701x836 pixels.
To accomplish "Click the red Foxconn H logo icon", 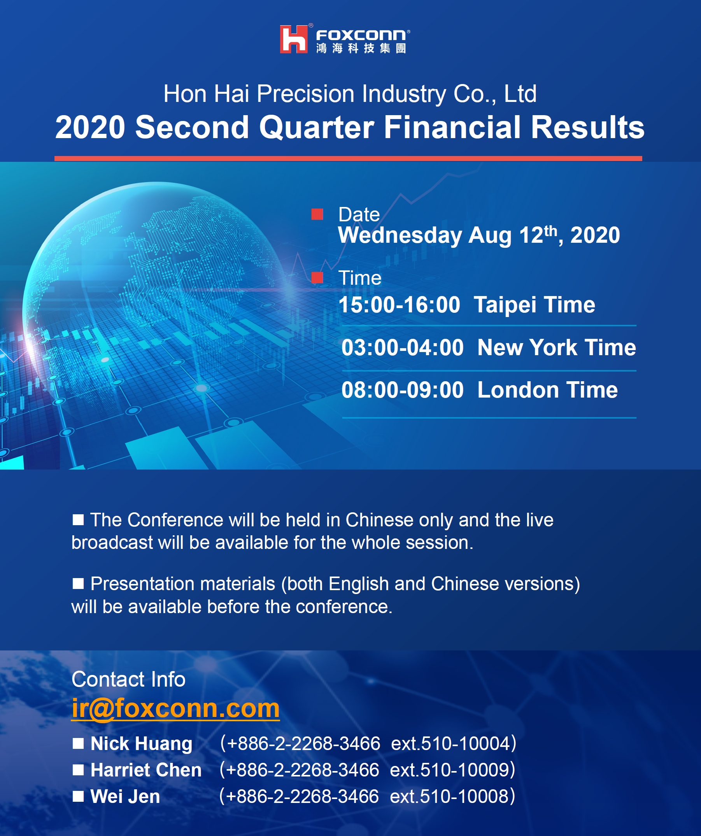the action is tap(294, 39).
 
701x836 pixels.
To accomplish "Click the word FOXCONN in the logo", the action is tap(361, 35).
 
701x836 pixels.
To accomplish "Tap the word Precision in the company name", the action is tap(305, 94).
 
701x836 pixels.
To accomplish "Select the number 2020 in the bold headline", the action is tap(90, 127).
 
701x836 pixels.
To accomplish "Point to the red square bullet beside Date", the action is tap(317, 214).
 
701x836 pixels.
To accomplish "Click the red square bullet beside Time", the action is tap(317, 277).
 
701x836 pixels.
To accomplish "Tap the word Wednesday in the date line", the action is tap(400, 235).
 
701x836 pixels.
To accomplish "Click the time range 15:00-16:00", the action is tap(399, 305).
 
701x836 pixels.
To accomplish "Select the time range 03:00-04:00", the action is tap(403, 347).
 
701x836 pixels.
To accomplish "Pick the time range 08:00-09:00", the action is tap(403, 390).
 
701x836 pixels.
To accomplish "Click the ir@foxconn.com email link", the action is tap(175, 708).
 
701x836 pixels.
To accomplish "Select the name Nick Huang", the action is tap(141, 744).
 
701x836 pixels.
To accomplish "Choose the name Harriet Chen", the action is tap(146, 770).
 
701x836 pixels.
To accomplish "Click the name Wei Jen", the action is tap(125, 797).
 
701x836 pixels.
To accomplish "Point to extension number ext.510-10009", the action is tap(449, 770).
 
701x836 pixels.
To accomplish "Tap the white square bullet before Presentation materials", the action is tap(79, 584).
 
